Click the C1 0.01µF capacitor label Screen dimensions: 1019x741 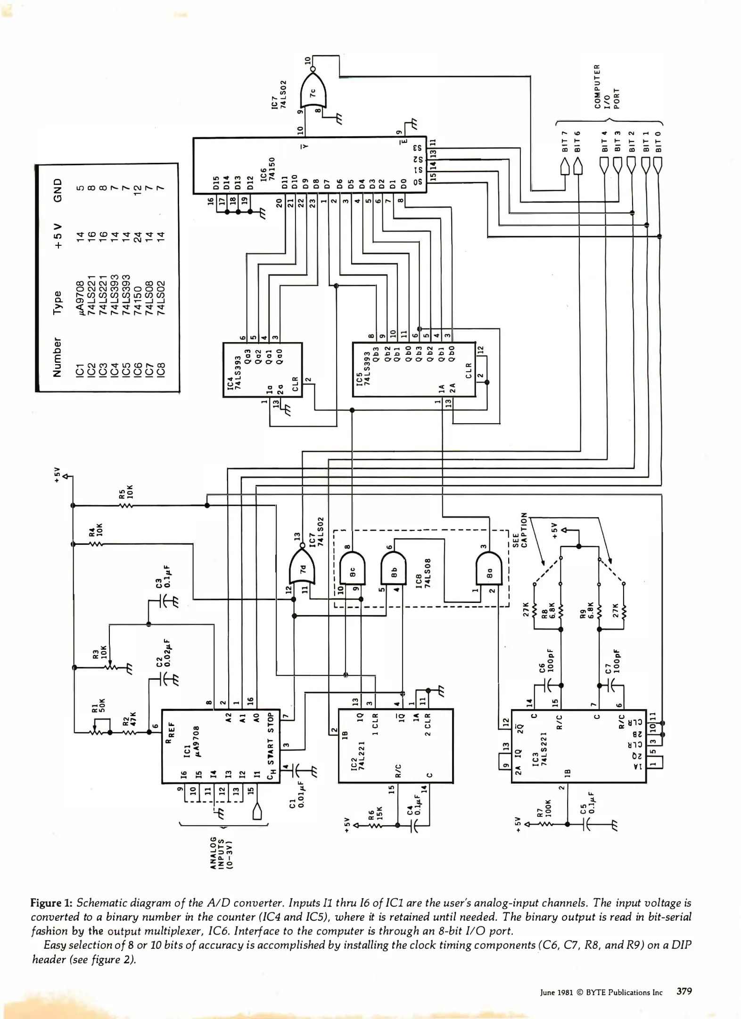pos(297,806)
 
